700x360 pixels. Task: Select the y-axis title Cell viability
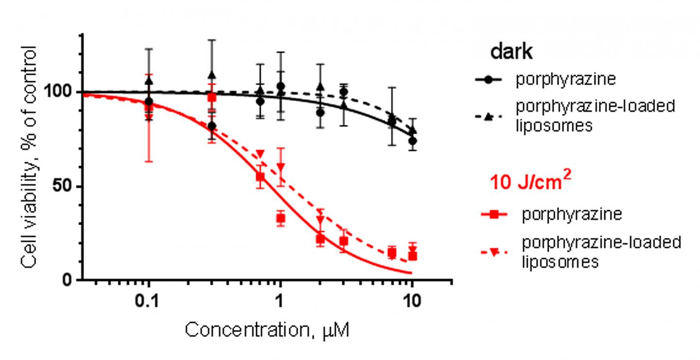click(x=29, y=155)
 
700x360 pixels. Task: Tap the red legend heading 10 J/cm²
click(x=530, y=185)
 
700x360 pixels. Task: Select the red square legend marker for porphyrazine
click(x=495, y=214)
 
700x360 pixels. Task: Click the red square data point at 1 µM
click(x=280, y=219)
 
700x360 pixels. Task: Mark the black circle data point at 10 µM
click(x=412, y=141)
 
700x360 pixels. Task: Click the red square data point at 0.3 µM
click(x=211, y=97)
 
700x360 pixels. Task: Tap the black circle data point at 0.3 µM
click(x=211, y=126)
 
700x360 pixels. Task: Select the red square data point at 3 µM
click(x=343, y=241)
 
